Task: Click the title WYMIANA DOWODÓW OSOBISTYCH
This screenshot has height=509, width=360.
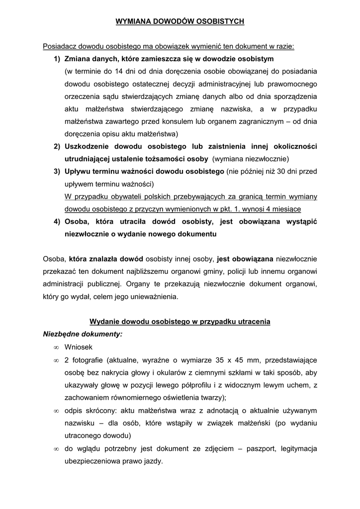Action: tap(180, 21)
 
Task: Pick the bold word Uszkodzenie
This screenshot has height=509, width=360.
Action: tap(88, 147)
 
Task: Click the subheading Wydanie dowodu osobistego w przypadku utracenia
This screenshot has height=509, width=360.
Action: tap(180, 322)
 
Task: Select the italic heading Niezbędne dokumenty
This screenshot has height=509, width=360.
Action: tap(83, 334)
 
